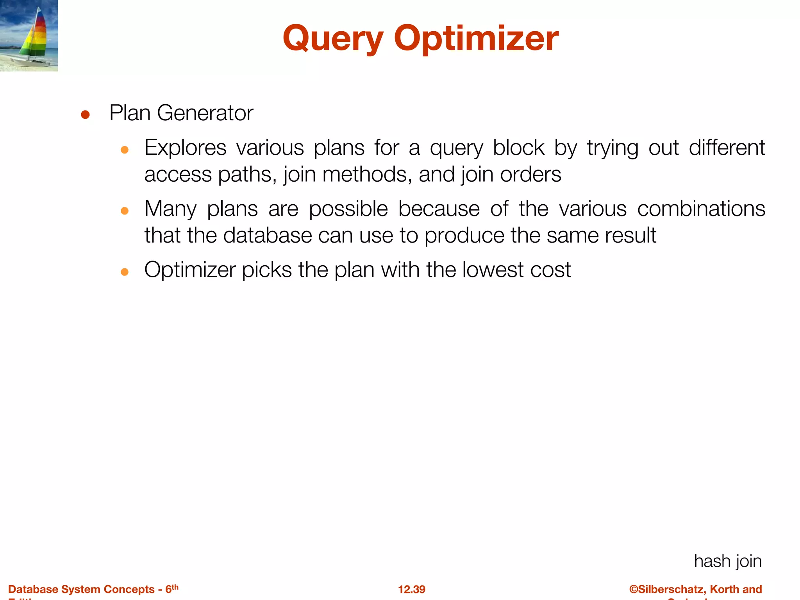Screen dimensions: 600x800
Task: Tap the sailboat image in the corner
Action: (x=29, y=36)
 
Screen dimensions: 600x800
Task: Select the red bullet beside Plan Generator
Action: (x=85, y=115)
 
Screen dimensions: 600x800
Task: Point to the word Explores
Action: (x=185, y=148)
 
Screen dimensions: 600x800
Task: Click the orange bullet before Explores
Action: (x=125, y=150)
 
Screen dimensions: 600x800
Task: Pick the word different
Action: (x=727, y=148)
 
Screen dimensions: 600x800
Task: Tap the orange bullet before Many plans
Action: (x=125, y=211)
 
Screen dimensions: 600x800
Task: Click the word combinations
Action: (x=701, y=209)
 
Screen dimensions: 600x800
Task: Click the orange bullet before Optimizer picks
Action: (x=125, y=272)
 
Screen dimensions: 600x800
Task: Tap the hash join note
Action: (x=728, y=561)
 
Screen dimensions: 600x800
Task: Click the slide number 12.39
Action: (x=411, y=589)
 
